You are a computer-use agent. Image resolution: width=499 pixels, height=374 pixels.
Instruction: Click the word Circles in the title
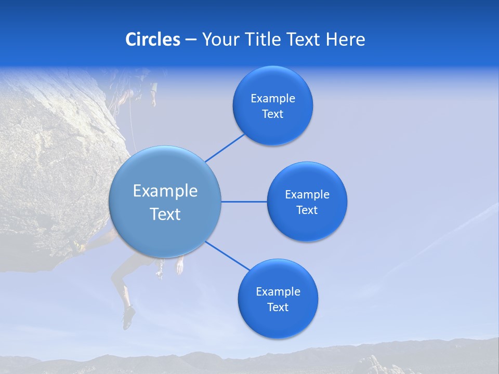(152, 39)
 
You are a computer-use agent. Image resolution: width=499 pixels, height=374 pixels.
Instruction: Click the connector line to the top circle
(225, 148)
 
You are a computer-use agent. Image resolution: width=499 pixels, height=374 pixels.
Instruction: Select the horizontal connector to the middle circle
(244, 202)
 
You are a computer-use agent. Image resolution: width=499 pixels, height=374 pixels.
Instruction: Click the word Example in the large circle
(165, 191)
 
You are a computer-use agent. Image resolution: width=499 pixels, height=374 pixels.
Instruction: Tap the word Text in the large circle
(165, 214)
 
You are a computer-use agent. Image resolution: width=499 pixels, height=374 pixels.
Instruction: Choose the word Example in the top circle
(272, 99)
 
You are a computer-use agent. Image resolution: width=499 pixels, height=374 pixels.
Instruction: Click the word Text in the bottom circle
(278, 307)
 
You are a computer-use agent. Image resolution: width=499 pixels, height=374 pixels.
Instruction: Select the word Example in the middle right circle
(307, 195)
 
